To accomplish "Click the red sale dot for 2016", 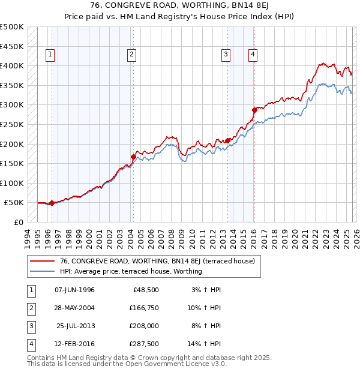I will coord(254,110).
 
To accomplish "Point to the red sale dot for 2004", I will coord(133,157).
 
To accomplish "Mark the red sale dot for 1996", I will coord(52,203).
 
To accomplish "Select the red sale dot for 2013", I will coord(228,140).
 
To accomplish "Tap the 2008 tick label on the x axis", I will coord(172,236).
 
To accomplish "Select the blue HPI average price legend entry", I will coord(131,271).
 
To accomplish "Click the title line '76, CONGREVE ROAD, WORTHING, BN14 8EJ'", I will coord(180,7).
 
